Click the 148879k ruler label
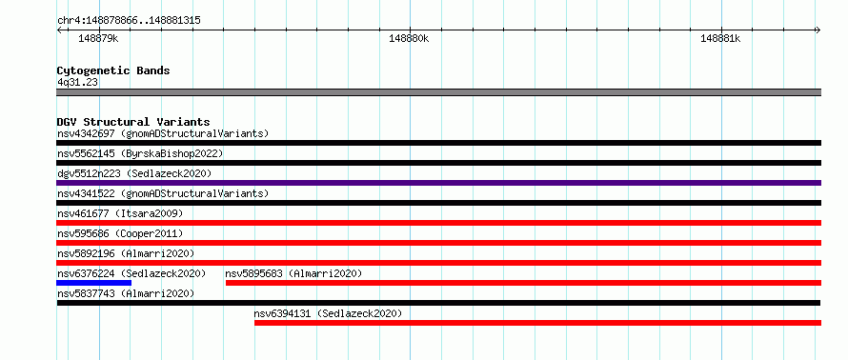tap(98, 39)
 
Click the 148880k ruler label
tap(409, 39)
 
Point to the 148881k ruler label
tap(720, 39)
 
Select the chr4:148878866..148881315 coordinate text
tap(130, 21)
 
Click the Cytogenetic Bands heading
tap(113, 70)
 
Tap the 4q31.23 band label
tap(78, 83)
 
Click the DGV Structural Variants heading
tap(133, 122)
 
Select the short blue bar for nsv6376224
tap(94, 283)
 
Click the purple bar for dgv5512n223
tap(439, 183)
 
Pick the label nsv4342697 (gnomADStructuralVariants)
tap(163, 133)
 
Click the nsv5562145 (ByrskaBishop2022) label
tap(140, 153)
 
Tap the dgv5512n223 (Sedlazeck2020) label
tap(134, 173)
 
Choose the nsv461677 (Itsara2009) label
tap(121, 213)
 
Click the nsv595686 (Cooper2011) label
tap(121, 233)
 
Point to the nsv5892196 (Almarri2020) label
tap(126, 253)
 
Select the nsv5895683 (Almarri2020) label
tap(293, 273)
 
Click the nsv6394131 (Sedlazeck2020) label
tap(329, 313)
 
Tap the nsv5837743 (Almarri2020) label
tap(126, 293)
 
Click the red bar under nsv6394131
tap(538, 323)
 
